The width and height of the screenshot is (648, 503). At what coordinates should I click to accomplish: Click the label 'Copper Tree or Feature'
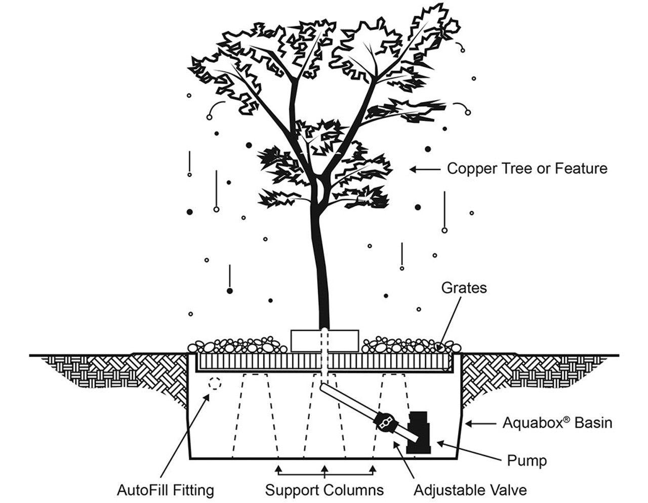coord(526,169)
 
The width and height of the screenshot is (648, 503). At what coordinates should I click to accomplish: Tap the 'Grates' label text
coord(464,287)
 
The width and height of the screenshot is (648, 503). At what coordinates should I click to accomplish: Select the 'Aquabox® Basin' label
coord(557,423)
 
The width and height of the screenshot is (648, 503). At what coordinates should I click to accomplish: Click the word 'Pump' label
coord(526,460)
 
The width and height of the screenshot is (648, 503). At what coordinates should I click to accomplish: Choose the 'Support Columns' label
coord(325,490)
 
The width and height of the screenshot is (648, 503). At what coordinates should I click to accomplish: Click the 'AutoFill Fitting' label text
coord(166,490)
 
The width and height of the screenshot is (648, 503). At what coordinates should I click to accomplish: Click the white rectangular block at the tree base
coord(325,340)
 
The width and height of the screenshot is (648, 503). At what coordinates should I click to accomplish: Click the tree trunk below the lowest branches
coord(320,263)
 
